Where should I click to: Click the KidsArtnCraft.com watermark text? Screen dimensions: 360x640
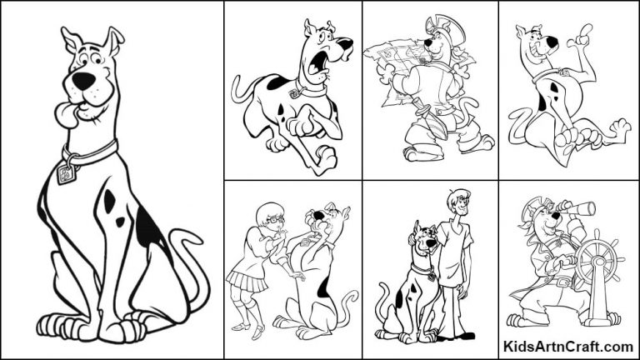[x=569, y=346]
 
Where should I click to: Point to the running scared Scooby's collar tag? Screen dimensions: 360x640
[x=295, y=93]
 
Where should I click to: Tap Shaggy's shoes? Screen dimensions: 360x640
[x=457, y=334]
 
